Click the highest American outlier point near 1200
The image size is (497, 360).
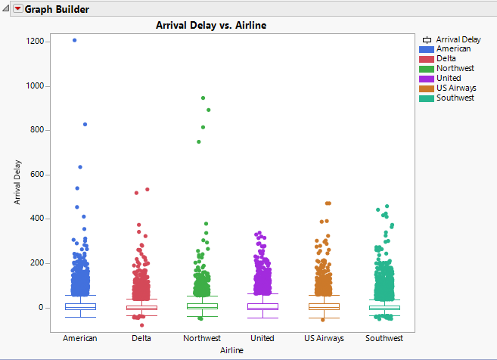[74, 40]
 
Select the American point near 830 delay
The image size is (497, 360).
[85, 124]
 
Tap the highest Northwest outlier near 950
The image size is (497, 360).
[203, 98]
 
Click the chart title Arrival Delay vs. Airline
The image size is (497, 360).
[211, 26]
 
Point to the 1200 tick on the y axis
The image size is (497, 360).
[33, 42]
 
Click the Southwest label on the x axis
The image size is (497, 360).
[384, 338]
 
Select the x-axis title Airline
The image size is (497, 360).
[231, 350]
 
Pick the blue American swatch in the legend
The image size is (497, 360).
[426, 49]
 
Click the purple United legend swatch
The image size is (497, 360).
[426, 79]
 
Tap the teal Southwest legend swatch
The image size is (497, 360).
[426, 98]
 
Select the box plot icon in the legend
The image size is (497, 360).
[427, 39]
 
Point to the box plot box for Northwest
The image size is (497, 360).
[202, 306]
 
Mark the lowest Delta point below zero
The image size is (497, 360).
[142, 325]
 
